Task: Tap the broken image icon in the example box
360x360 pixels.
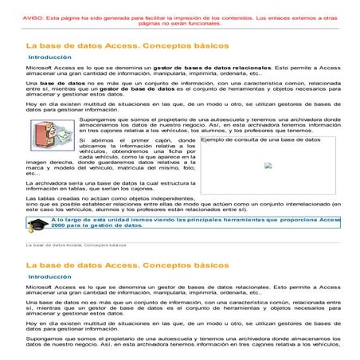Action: [268, 166]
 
